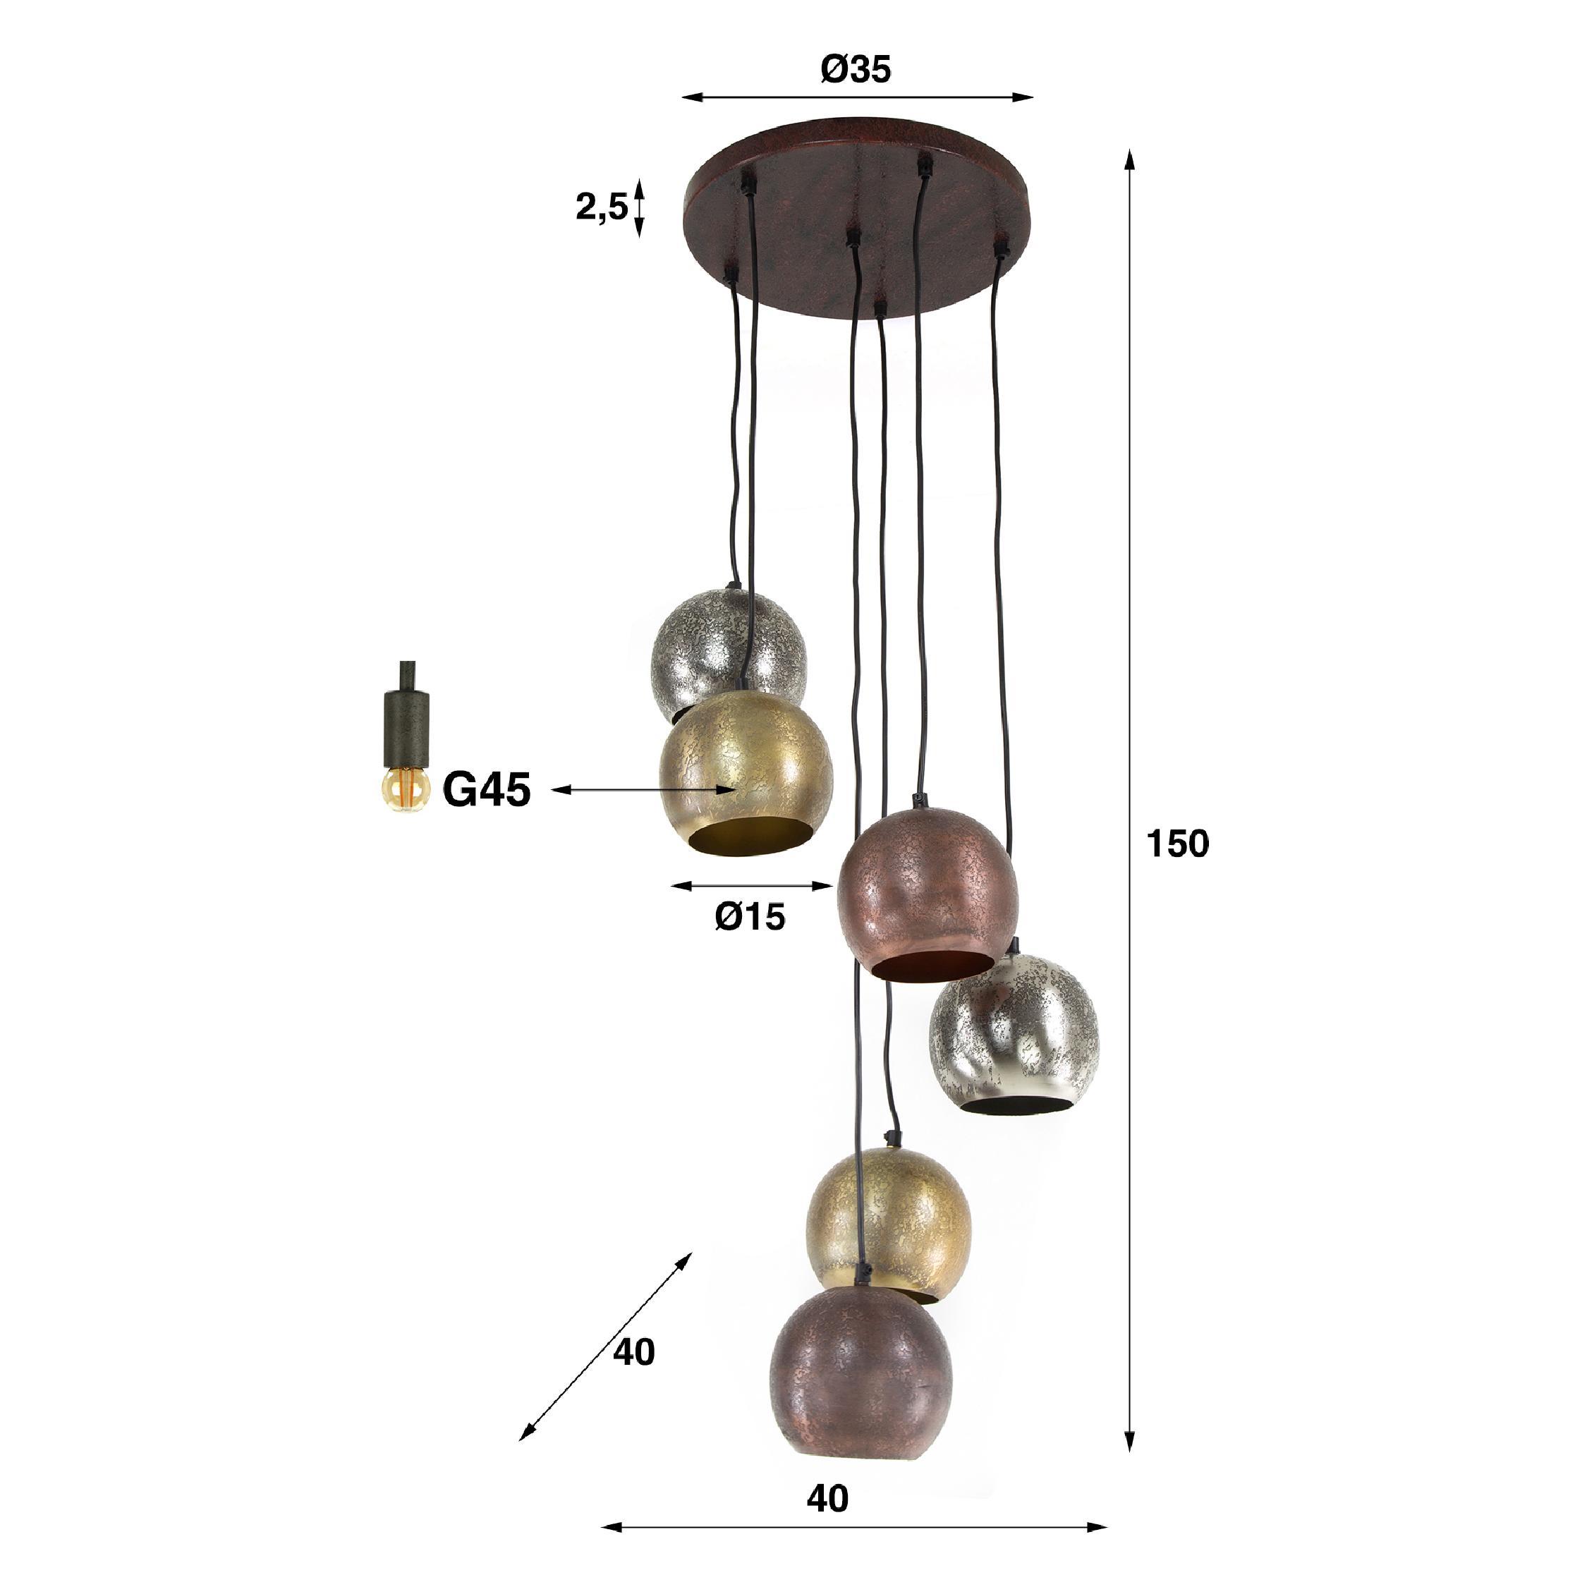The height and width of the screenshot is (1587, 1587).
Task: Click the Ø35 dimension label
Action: (855, 71)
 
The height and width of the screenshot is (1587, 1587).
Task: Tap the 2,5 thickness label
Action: (601, 208)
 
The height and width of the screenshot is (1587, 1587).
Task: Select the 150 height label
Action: (1177, 844)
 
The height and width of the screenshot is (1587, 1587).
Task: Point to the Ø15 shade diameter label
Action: (750, 917)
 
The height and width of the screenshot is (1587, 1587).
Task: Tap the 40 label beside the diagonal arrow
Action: (633, 1351)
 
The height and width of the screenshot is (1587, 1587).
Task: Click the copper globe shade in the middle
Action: (928, 904)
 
